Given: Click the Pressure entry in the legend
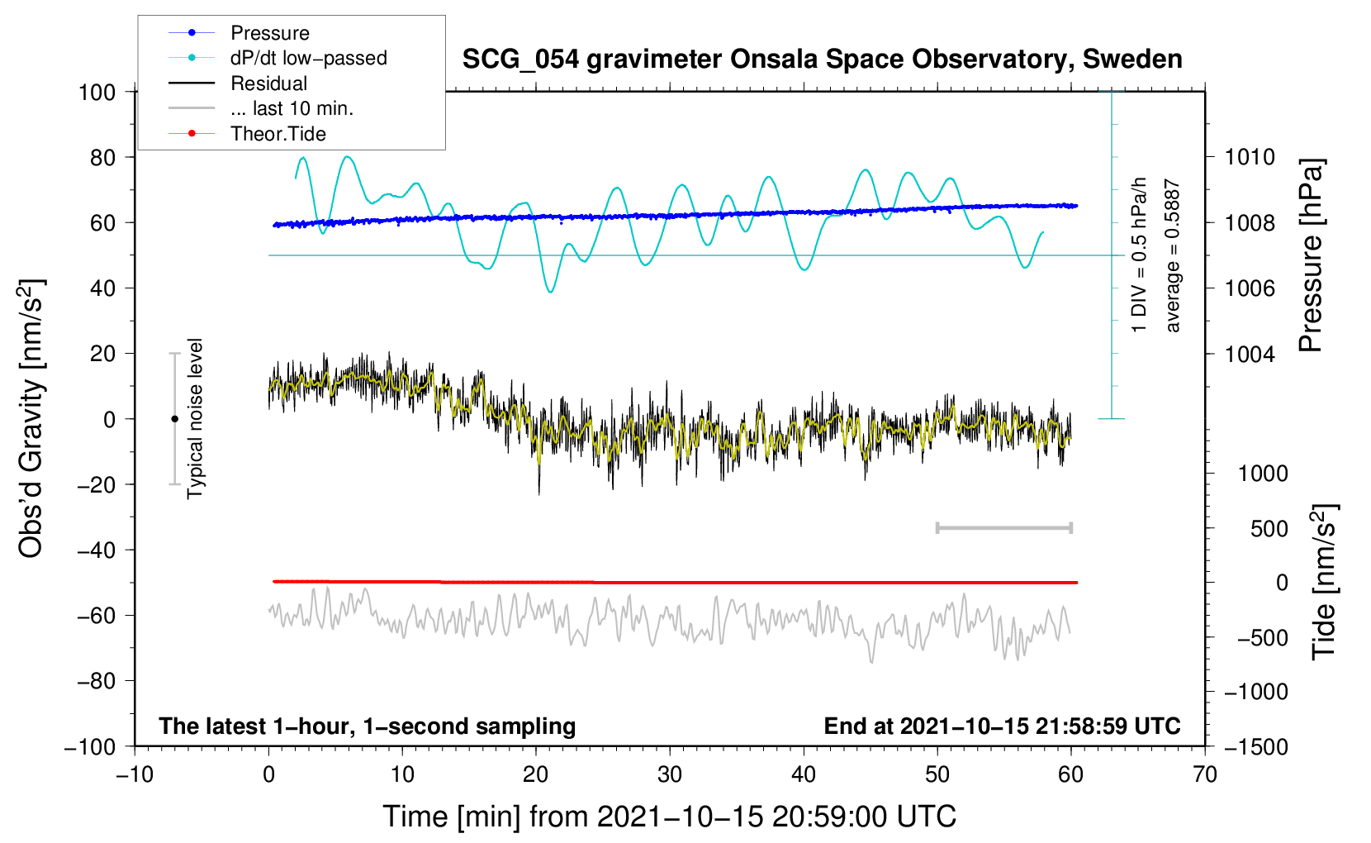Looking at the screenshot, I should coord(269,33).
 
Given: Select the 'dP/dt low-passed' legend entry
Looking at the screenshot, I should coord(308,58).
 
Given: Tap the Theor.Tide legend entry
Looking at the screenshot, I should coord(278,134).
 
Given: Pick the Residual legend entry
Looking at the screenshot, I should coord(268,83).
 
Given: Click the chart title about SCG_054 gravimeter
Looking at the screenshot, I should coord(822,60).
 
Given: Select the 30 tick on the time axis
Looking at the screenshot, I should coord(670,775).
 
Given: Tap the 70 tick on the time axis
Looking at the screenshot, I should coord(1205,775).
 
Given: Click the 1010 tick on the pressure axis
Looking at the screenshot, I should coord(1250,157).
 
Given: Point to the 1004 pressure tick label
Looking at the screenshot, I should coord(1250,354).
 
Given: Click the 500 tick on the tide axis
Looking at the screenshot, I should coord(1269,529).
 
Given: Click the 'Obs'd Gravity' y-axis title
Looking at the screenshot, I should coord(31,418).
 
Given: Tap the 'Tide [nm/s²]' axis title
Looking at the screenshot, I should coord(1324,582).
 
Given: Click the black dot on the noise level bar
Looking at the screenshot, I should coord(174,419).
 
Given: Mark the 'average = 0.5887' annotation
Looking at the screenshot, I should coord(1173,256).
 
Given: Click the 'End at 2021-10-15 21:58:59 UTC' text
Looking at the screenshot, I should coord(1002,726).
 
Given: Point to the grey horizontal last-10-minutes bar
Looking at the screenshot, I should coord(1004,528).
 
